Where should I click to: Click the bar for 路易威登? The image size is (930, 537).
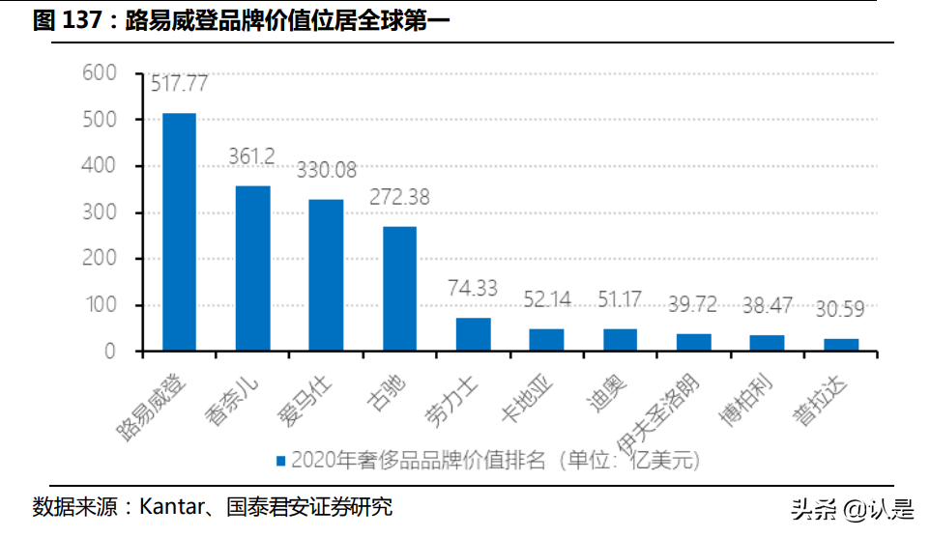coord(179,232)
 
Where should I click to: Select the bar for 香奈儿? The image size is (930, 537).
coord(252,268)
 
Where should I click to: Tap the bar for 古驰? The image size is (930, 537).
coord(399,288)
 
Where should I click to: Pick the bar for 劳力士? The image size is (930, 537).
coord(473,334)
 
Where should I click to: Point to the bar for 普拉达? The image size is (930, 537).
coord(840,344)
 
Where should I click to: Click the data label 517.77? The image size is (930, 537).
coord(180,84)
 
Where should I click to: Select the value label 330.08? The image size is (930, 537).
coord(327,171)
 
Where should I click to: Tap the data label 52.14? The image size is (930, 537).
coord(547,299)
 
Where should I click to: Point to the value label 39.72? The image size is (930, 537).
coord(693,305)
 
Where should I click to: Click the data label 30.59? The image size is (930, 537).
coord(840,310)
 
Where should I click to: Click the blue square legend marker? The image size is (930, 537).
coord(280,460)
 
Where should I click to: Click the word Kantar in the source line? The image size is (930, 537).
coord(170,507)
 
